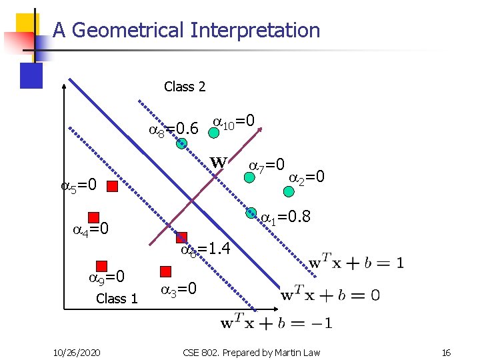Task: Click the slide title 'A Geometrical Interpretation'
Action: pos(186,30)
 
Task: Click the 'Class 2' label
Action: pos(185,87)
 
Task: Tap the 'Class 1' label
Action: pos(117,298)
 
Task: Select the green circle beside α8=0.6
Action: pos(181,143)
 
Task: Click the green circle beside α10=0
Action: pos(213,132)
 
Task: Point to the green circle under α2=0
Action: pos(288,191)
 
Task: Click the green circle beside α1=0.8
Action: pos(251,213)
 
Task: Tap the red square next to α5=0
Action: pos(113,186)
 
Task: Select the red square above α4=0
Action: pos(93,217)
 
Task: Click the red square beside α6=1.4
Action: pos(181,238)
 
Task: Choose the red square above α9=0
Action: pos(102,266)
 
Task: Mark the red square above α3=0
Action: pos(166,271)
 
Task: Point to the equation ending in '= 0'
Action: pos(330,295)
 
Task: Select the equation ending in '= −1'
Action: pos(276,323)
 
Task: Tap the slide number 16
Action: pos(445,351)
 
